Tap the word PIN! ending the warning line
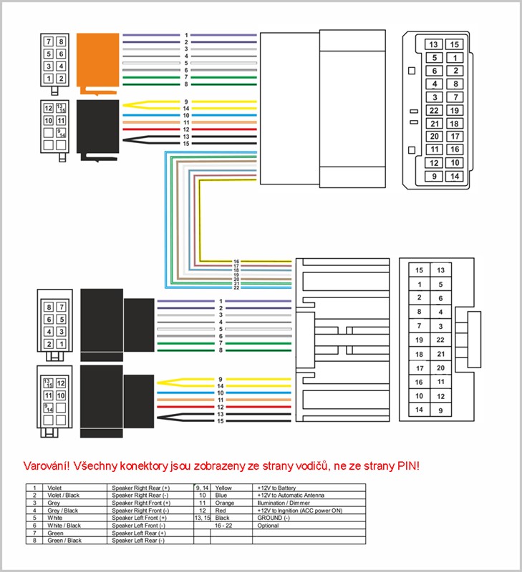click(407, 465)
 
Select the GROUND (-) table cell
click(275, 518)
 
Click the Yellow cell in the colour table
click(224, 487)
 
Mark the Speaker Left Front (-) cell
click(137, 526)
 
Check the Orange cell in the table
click(225, 503)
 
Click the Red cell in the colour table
click(221, 510)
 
